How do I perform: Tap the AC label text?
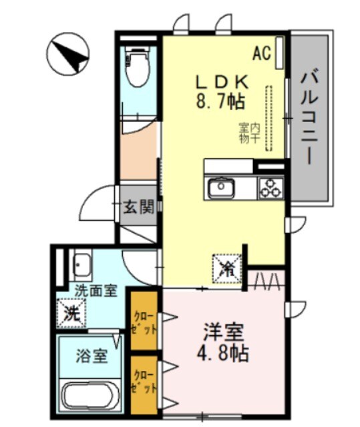(x=262, y=53)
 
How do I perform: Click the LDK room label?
(x=222, y=82)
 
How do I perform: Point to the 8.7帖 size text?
(x=220, y=101)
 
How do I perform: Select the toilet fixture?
(x=138, y=67)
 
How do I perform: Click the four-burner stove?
(x=271, y=188)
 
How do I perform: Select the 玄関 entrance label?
(x=138, y=207)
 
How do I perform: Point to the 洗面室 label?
(x=96, y=291)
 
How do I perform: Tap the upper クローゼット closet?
(x=144, y=320)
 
